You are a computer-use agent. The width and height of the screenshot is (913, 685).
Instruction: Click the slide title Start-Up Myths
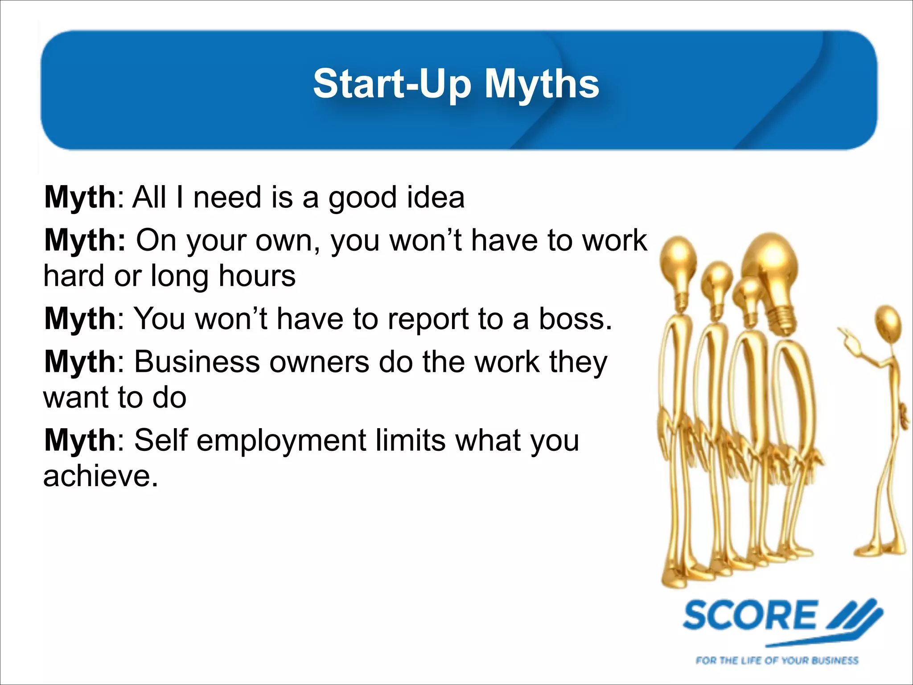(x=456, y=84)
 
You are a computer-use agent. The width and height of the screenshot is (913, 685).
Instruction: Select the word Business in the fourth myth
(x=197, y=362)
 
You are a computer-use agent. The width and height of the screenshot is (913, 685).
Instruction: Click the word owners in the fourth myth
(x=319, y=362)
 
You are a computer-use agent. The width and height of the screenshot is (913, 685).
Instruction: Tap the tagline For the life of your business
(x=777, y=660)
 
